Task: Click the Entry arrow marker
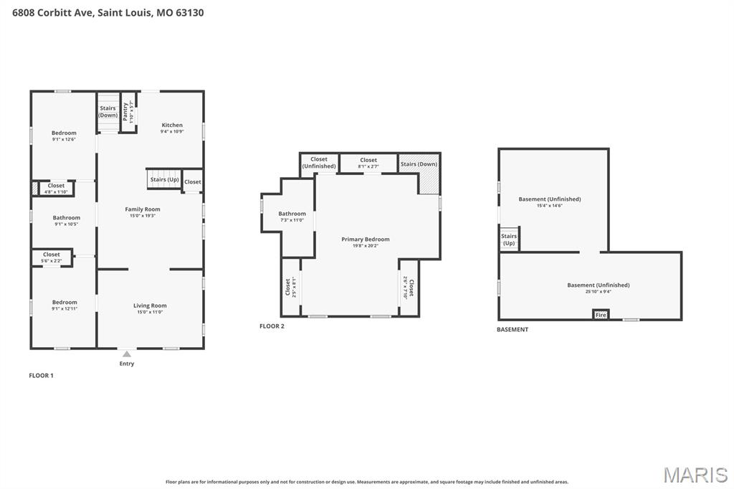click(126, 353)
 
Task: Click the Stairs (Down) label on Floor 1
click(108, 111)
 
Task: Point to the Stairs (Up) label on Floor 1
click(164, 179)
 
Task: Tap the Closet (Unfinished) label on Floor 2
click(319, 163)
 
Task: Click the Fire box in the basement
click(601, 315)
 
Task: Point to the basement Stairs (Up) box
click(509, 239)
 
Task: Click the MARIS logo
click(695, 474)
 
